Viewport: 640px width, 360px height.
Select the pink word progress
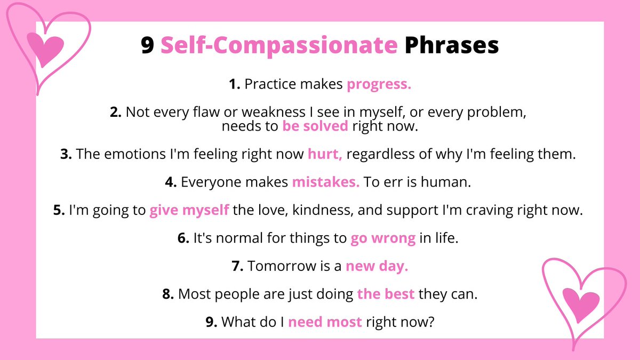pos(379,85)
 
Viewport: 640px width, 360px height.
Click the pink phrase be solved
pos(315,126)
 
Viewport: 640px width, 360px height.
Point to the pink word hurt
pos(325,155)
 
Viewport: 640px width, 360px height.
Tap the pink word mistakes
pos(326,182)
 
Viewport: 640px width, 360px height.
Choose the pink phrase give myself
pos(189,210)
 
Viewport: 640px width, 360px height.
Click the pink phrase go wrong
pos(383,238)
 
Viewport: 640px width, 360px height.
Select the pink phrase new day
pos(377,266)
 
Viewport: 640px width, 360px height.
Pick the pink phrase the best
pos(386,294)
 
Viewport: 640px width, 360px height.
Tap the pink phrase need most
pos(325,322)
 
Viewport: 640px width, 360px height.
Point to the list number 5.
pos(59,210)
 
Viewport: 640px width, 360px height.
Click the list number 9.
pos(211,322)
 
